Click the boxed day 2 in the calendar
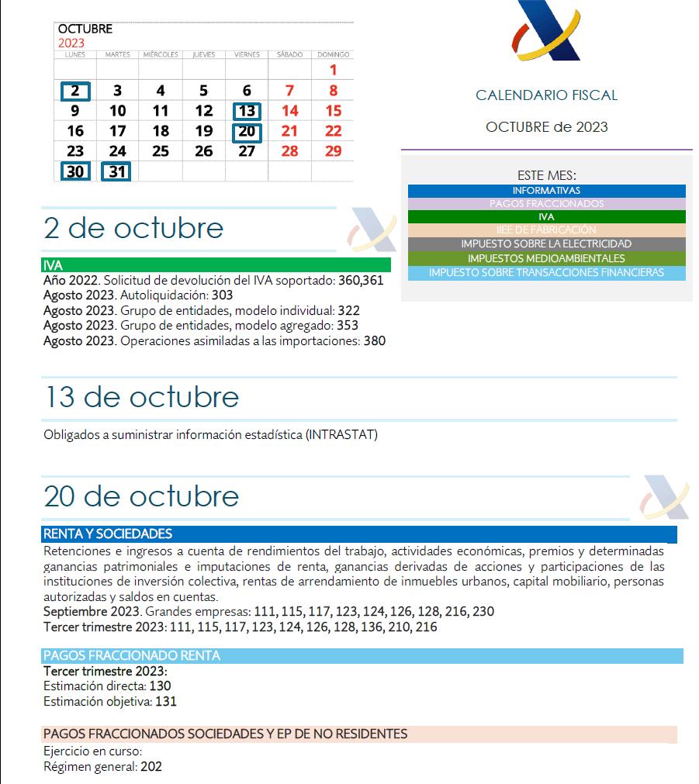point(75,91)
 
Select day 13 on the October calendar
point(247,111)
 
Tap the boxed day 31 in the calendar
point(117,171)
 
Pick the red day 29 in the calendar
point(333,151)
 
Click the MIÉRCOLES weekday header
point(161,55)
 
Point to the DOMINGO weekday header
point(334,55)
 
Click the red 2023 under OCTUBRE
point(71,43)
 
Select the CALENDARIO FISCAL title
point(546,95)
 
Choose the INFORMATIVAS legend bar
point(546,191)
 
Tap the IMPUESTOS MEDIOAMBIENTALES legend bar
point(546,258)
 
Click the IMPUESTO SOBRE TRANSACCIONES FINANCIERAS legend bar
point(546,272)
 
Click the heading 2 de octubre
point(133,228)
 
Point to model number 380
point(375,340)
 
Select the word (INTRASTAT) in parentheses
point(341,434)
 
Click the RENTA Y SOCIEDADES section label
point(108,534)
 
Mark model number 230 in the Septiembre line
point(483,611)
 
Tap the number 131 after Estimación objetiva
point(166,701)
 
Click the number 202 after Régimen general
point(151,766)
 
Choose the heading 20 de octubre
point(141,496)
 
